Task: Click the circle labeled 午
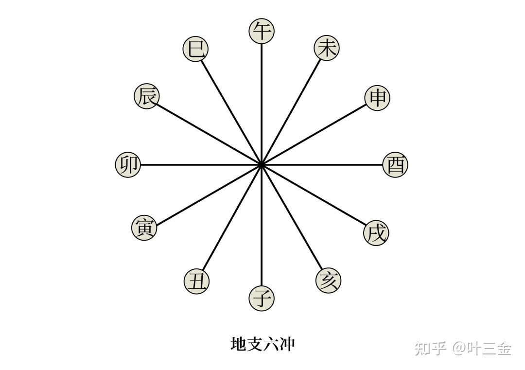coord(262,31)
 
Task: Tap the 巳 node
coord(195,49)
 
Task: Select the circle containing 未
coord(327,48)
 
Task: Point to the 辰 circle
coord(146,96)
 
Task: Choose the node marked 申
coord(377,98)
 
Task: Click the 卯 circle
coord(128,164)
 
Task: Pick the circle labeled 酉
coord(395,165)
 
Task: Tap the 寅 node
coord(144,227)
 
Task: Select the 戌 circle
coord(376,233)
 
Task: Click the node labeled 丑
coord(197,281)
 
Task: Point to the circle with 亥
coord(328,281)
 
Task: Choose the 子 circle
coord(262,298)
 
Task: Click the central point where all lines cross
coord(262,165)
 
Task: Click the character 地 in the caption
coord(238,344)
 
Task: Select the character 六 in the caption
coord(271,344)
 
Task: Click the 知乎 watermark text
coord(431,348)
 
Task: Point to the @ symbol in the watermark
coord(459,348)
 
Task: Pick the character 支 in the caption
coord(255,344)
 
